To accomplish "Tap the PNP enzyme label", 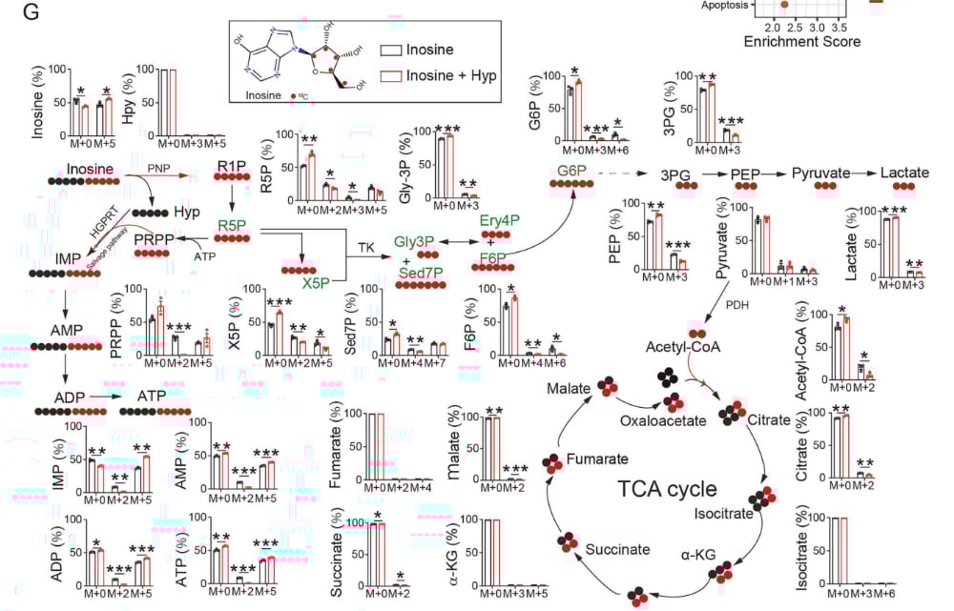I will click(x=159, y=167).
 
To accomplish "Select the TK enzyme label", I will click(x=365, y=247).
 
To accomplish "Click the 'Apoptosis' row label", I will click(x=721, y=5).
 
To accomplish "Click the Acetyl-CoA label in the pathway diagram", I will click(x=698, y=346).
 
